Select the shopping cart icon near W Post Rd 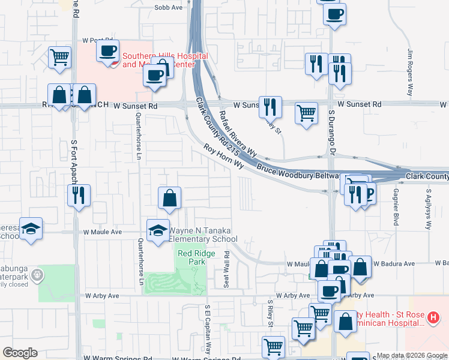pyautogui.click(x=60, y=58)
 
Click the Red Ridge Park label pyautogui.click(x=191, y=257)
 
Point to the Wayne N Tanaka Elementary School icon pyautogui.click(x=158, y=230)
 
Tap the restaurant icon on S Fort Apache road pyautogui.click(x=79, y=195)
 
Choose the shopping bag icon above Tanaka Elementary pyautogui.click(x=170, y=197)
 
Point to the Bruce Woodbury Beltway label pyautogui.click(x=298, y=170)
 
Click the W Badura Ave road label pyautogui.click(x=394, y=263)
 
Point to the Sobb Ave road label pyautogui.click(x=168, y=7)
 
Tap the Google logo pyautogui.click(x=20, y=353)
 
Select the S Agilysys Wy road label pyautogui.click(x=429, y=210)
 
